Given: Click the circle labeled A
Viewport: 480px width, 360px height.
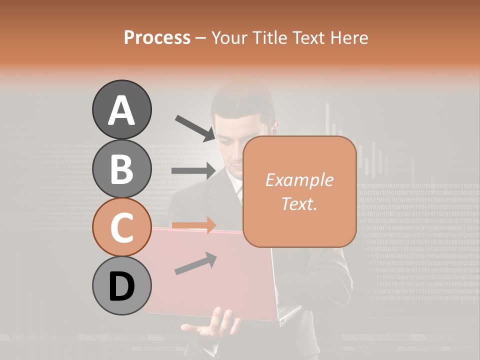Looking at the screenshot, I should pos(121,109).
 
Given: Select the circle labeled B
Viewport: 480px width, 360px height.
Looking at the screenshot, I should pos(121,169).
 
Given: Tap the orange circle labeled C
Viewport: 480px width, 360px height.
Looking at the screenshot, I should pos(121,227).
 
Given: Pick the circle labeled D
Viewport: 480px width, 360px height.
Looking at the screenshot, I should pos(121,286).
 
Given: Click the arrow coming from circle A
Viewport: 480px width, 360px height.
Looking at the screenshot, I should pos(195,128).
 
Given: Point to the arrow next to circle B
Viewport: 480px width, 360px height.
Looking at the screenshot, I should pos(193,171).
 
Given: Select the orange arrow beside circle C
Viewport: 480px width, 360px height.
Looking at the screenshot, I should pos(193,225).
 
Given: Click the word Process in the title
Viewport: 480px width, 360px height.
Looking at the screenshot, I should pos(157,37).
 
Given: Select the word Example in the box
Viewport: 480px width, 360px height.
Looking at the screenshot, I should pos(299,180).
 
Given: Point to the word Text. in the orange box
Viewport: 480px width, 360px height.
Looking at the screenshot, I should pos(299,203).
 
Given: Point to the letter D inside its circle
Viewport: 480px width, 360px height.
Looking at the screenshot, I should pos(121,286).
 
